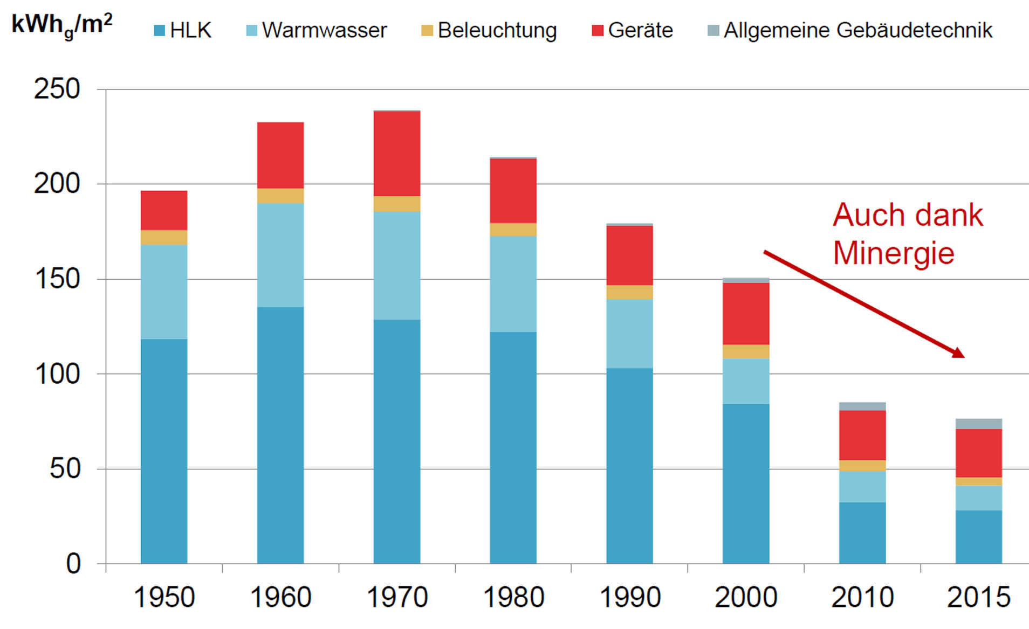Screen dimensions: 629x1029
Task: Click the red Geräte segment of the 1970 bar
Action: click(x=396, y=154)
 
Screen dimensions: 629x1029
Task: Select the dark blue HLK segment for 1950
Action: click(x=164, y=451)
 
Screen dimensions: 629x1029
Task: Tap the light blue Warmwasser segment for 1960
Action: click(x=280, y=254)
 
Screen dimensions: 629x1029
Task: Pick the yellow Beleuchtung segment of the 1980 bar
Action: click(x=513, y=230)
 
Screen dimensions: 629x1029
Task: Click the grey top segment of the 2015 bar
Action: click(x=978, y=424)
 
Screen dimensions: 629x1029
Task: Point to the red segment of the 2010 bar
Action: click(x=862, y=435)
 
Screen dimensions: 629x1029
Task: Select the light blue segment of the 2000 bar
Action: click(x=746, y=381)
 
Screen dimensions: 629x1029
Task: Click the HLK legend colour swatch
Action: click(x=159, y=30)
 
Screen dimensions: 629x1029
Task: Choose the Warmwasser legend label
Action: click(x=324, y=30)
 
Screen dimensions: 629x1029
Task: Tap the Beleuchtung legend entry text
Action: click(x=497, y=30)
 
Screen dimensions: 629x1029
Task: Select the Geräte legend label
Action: click(x=640, y=30)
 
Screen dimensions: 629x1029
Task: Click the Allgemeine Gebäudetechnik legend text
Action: click(x=858, y=30)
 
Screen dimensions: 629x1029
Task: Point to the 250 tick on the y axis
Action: click(x=57, y=89)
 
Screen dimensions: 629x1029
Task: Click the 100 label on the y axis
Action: click(x=57, y=374)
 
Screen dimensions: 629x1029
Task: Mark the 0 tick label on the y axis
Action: click(x=73, y=564)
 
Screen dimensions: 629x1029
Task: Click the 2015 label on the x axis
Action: click(x=978, y=597)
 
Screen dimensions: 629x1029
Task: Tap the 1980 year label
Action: click(x=513, y=597)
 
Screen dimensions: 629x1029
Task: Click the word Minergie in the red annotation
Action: click(x=893, y=253)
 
